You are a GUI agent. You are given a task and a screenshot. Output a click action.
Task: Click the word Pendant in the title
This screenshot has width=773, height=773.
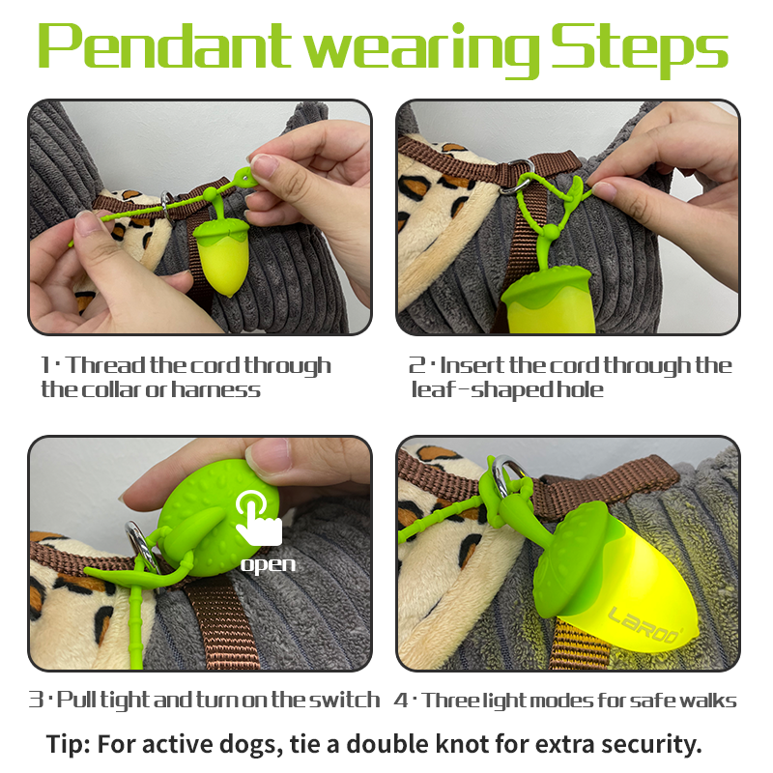pyautogui.click(x=165, y=45)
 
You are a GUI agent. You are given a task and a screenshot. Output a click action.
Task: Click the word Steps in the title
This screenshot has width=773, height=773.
pyautogui.click(x=640, y=50)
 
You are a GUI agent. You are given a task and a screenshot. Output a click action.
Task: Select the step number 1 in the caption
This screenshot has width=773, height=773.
pyautogui.click(x=45, y=365)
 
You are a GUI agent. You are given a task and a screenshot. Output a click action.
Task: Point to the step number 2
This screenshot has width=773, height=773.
pyautogui.click(x=416, y=365)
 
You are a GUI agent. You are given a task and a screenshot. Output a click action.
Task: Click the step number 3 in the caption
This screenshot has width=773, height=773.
pyautogui.click(x=36, y=700)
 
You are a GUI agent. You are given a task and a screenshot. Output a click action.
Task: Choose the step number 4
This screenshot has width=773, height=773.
pyautogui.click(x=401, y=701)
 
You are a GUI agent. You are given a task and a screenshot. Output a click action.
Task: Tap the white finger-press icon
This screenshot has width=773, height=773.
pyautogui.click(x=258, y=519)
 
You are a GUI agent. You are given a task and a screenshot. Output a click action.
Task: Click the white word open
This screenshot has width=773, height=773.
pyautogui.click(x=268, y=565)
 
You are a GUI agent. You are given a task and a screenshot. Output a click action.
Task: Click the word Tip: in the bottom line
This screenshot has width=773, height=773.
pyautogui.click(x=68, y=744)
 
